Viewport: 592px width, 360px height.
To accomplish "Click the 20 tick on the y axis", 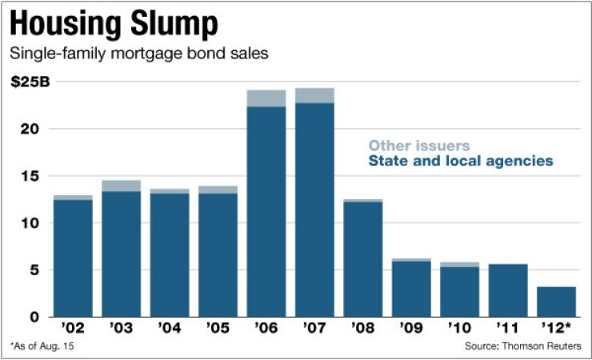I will (x=33, y=129).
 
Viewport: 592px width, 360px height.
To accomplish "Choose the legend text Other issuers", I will (x=418, y=146).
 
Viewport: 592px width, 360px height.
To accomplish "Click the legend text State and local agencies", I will (x=460, y=162).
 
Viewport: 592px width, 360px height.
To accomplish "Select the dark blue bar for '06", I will (x=266, y=212).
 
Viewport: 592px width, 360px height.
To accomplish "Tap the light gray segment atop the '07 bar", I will (x=314, y=95).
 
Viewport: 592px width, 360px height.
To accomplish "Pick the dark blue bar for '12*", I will (x=556, y=302).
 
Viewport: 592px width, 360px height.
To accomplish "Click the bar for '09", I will (x=411, y=289).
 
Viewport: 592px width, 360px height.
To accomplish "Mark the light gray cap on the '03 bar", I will (x=122, y=186).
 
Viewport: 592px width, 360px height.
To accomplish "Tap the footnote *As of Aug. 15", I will (x=44, y=346).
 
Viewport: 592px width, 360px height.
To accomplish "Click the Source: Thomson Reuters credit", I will (x=522, y=346).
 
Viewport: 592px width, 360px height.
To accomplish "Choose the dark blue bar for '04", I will (x=170, y=255).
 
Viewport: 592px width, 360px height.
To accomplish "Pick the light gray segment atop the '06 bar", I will (x=266, y=98).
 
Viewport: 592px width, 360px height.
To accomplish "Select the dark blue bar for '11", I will (x=508, y=290).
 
